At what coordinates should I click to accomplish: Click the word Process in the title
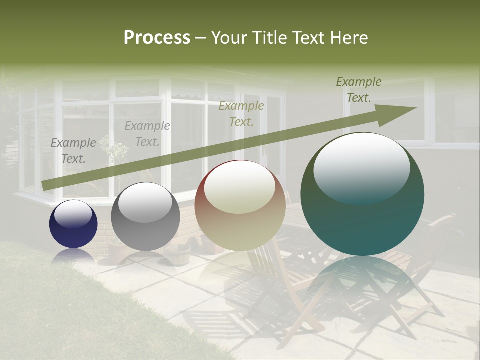coord(157,38)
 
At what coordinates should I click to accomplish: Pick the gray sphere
coord(145,216)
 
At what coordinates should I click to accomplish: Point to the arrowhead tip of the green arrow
coord(415,108)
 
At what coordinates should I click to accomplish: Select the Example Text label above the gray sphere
coord(147,134)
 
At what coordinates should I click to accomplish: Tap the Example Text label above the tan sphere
coord(241,113)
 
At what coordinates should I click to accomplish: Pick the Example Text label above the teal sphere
coord(359,90)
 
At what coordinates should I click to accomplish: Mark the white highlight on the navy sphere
coord(73,214)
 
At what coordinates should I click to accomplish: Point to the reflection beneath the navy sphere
coord(73,255)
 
